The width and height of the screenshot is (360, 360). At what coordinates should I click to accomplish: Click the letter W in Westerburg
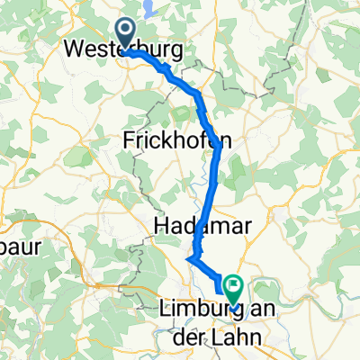pos(78,49)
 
